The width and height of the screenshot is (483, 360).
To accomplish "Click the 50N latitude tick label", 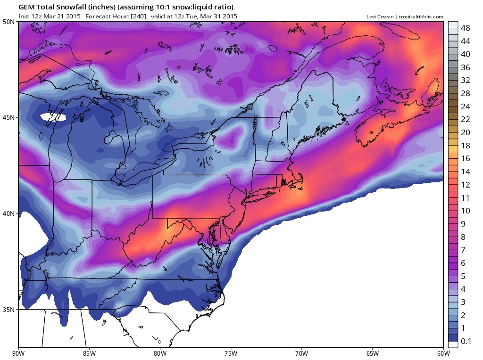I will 9,21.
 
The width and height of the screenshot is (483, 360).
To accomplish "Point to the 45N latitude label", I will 9,117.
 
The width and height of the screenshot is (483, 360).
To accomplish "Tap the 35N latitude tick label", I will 9,310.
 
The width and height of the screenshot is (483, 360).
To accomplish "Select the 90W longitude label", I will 19,352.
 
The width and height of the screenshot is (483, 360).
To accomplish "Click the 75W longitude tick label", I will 231,352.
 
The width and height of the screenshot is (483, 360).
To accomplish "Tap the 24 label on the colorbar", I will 465,106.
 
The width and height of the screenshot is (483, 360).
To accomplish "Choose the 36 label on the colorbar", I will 465,67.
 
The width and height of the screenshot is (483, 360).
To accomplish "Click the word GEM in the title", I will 26,8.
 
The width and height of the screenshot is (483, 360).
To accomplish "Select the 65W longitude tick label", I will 372,352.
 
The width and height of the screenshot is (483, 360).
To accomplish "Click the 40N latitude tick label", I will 9,213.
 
